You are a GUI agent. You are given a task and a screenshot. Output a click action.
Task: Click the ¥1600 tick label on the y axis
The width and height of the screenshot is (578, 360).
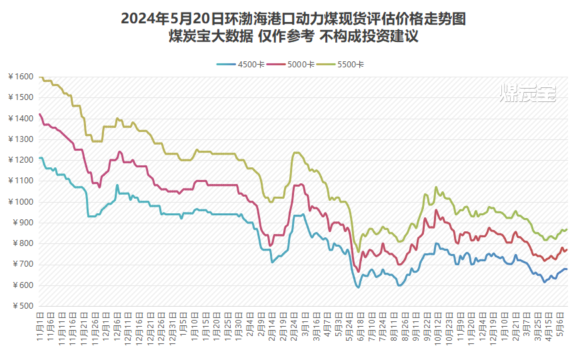pyautogui.click(x=20, y=77)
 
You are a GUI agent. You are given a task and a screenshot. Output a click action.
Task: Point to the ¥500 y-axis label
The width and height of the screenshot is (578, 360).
pyautogui.click(x=22, y=306)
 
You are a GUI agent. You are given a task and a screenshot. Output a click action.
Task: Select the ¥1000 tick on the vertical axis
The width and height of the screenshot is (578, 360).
pyautogui.click(x=20, y=202)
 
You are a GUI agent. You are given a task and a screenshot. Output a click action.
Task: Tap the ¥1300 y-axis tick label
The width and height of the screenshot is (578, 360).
pyautogui.click(x=20, y=139)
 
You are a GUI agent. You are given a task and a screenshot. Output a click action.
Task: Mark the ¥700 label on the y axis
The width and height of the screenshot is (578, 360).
pyautogui.click(x=22, y=265)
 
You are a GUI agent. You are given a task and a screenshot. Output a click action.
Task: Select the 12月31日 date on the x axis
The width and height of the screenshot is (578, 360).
pyautogui.click(x=171, y=326)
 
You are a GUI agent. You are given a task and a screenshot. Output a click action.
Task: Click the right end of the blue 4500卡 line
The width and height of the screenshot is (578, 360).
pyautogui.click(x=567, y=269)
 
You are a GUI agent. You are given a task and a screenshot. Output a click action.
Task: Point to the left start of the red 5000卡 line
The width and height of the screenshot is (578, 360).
pyautogui.click(x=40, y=114)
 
